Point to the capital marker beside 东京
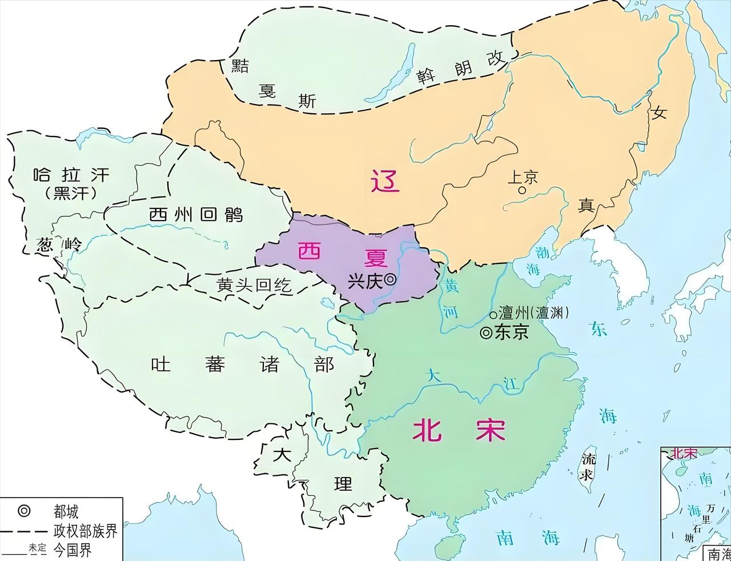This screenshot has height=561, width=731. tap(486, 332)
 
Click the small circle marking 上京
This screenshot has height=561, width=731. tap(521, 190)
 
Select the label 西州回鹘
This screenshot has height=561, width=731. tap(196, 215)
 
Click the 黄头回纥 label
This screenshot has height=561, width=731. tap(254, 285)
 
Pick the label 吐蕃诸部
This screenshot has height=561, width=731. tap(242, 364)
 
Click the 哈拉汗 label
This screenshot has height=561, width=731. tap(71, 174)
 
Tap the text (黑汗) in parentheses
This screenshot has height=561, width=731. tap(71, 193)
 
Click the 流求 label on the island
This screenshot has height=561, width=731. tap(587, 467)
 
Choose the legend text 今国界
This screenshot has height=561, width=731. tap(73, 550)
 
